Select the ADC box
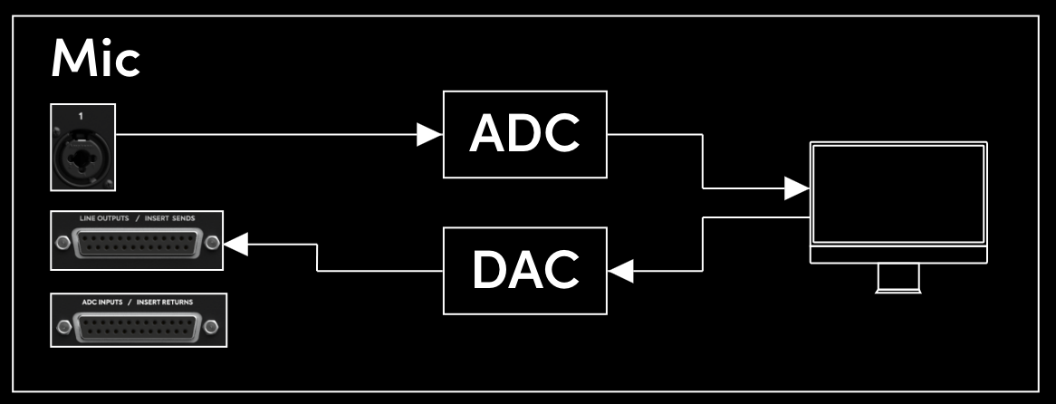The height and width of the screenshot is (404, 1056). (524, 134)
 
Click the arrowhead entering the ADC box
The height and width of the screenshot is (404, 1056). (430, 135)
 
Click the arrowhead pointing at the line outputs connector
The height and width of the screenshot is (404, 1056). (235, 243)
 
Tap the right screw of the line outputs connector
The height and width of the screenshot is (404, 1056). (212, 244)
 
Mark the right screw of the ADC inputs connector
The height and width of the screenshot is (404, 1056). (212, 326)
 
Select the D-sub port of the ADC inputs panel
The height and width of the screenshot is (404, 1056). (138, 327)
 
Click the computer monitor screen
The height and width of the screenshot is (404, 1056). (898, 194)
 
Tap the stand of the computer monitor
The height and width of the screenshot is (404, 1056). (898, 278)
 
